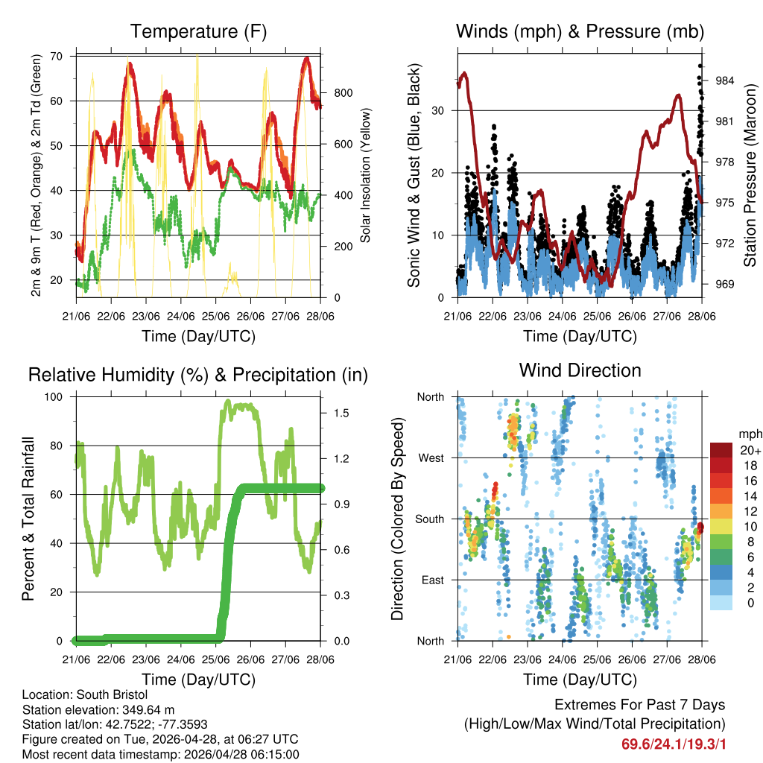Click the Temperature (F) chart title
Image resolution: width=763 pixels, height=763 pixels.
[198, 31]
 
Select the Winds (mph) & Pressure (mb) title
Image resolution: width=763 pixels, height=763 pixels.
[580, 31]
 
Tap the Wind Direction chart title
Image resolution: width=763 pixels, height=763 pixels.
[580, 370]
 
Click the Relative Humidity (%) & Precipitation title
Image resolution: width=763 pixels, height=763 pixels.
[198, 375]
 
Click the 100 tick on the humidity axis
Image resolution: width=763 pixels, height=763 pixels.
[57, 396]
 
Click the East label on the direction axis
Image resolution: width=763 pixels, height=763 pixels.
[431, 580]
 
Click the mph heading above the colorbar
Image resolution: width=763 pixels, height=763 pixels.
[749, 434]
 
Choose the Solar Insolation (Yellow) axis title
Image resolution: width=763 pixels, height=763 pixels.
[366, 175]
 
